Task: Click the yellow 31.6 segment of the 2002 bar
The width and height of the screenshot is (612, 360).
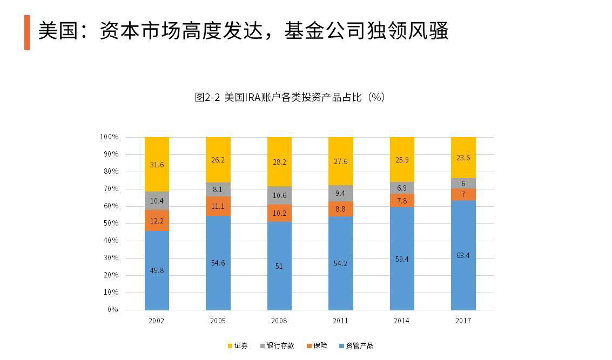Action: click(157, 164)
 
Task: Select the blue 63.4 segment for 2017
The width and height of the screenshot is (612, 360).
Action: click(463, 255)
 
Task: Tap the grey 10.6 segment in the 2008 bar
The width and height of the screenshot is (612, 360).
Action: click(279, 195)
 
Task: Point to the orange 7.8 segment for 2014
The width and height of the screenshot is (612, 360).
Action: click(402, 200)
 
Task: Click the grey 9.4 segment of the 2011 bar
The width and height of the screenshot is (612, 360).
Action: click(340, 193)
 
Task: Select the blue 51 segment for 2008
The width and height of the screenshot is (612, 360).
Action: click(279, 266)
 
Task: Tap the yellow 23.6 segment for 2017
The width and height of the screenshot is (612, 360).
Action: click(463, 158)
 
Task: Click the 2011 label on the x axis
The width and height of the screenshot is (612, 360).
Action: click(340, 321)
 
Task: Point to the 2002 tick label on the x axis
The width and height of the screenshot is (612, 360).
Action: click(157, 321)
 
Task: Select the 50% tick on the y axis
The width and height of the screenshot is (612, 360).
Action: click(111, 223)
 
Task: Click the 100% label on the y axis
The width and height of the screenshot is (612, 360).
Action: click(109, 137)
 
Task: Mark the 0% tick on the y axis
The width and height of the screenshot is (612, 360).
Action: click(112, 310)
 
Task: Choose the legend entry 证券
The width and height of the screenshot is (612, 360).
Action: click(238, 345)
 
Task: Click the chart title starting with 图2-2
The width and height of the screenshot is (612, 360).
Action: click(290, 97)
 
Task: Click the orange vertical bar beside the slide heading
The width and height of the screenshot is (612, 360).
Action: click(27, 32)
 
